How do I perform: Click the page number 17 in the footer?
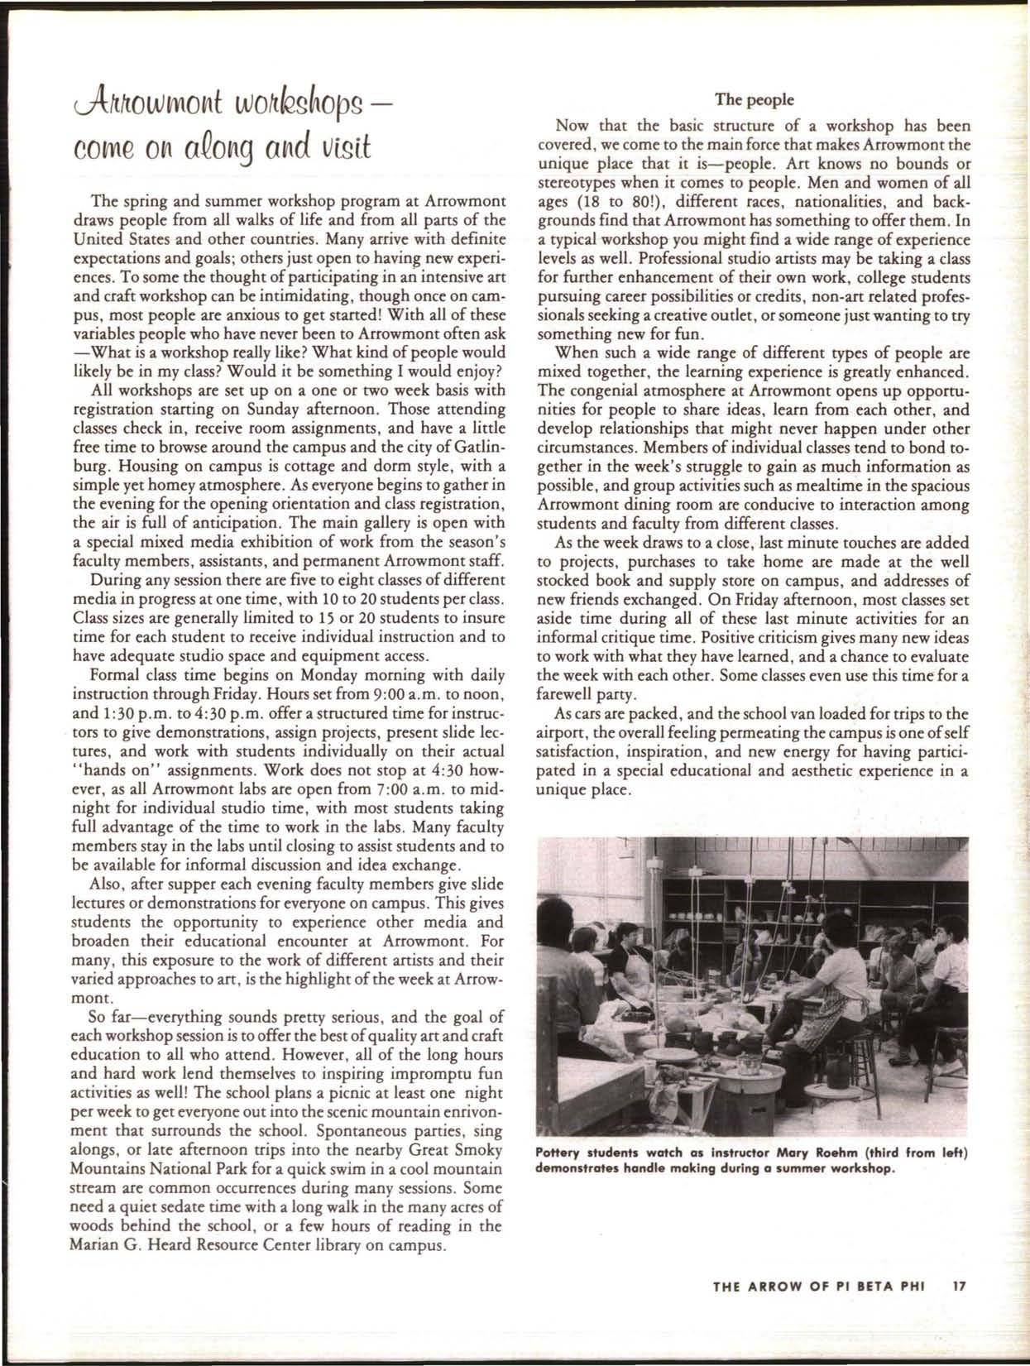coord(960,1287)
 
